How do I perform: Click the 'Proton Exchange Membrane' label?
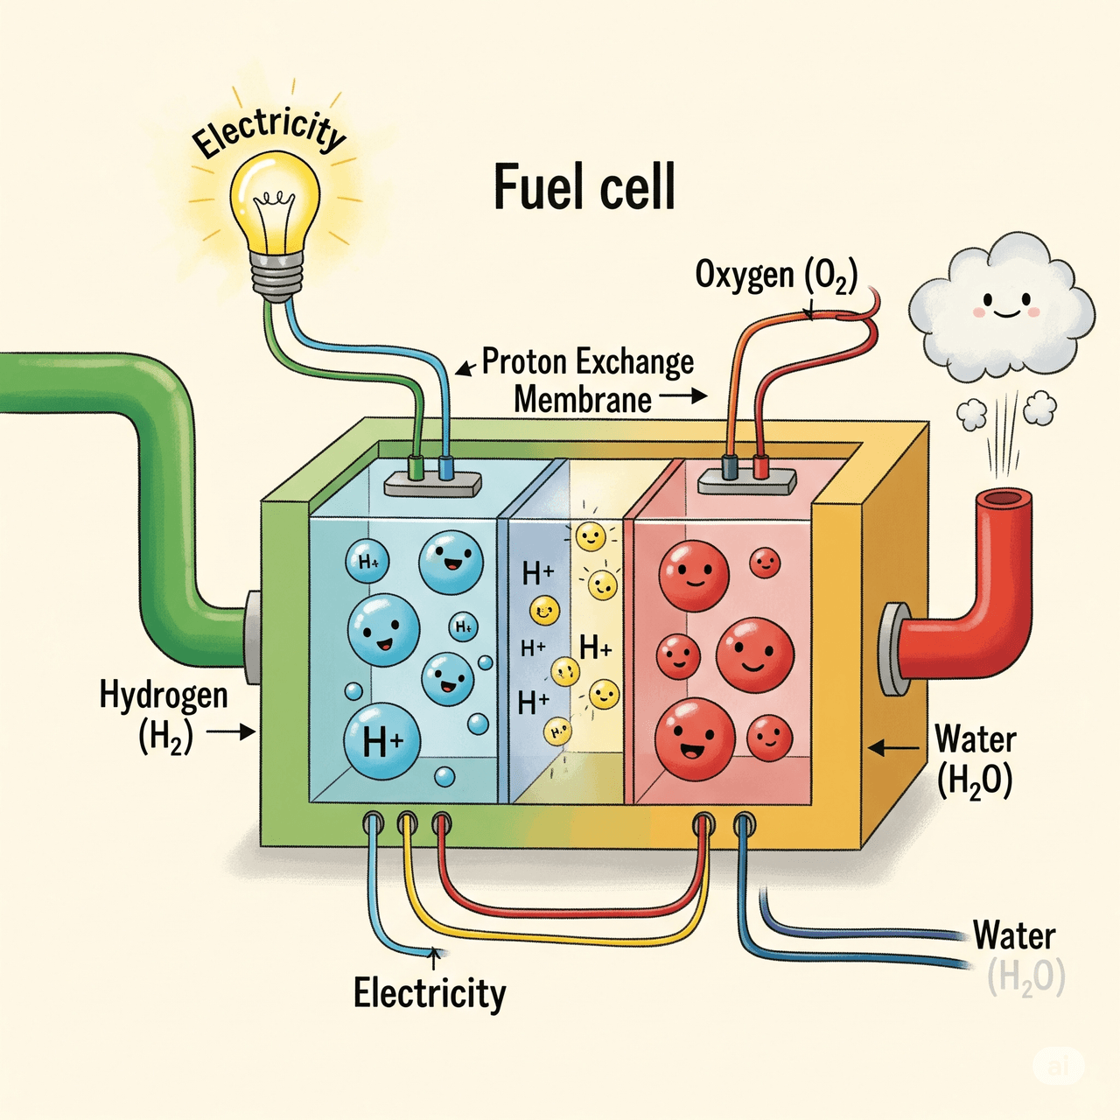pyautogui.click(x=588, y=381)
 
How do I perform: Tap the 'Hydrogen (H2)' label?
pyautogui.click(x=164, y=717)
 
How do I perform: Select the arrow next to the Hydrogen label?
pyautogui.click(x=231, y=731)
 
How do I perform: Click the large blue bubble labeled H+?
pyautogui.click(x=381, y=740)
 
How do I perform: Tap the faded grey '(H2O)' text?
pyautogui.click(x=1025, y=978)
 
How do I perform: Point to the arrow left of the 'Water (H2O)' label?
pyautogui.click(x=895, y=747)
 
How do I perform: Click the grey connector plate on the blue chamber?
pyautogui.click(x=433, y=484)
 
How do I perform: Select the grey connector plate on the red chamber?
pyautogui.click(x=747, y=482)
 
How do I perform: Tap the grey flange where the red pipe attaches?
pyautogui.click(x=895, y=648)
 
